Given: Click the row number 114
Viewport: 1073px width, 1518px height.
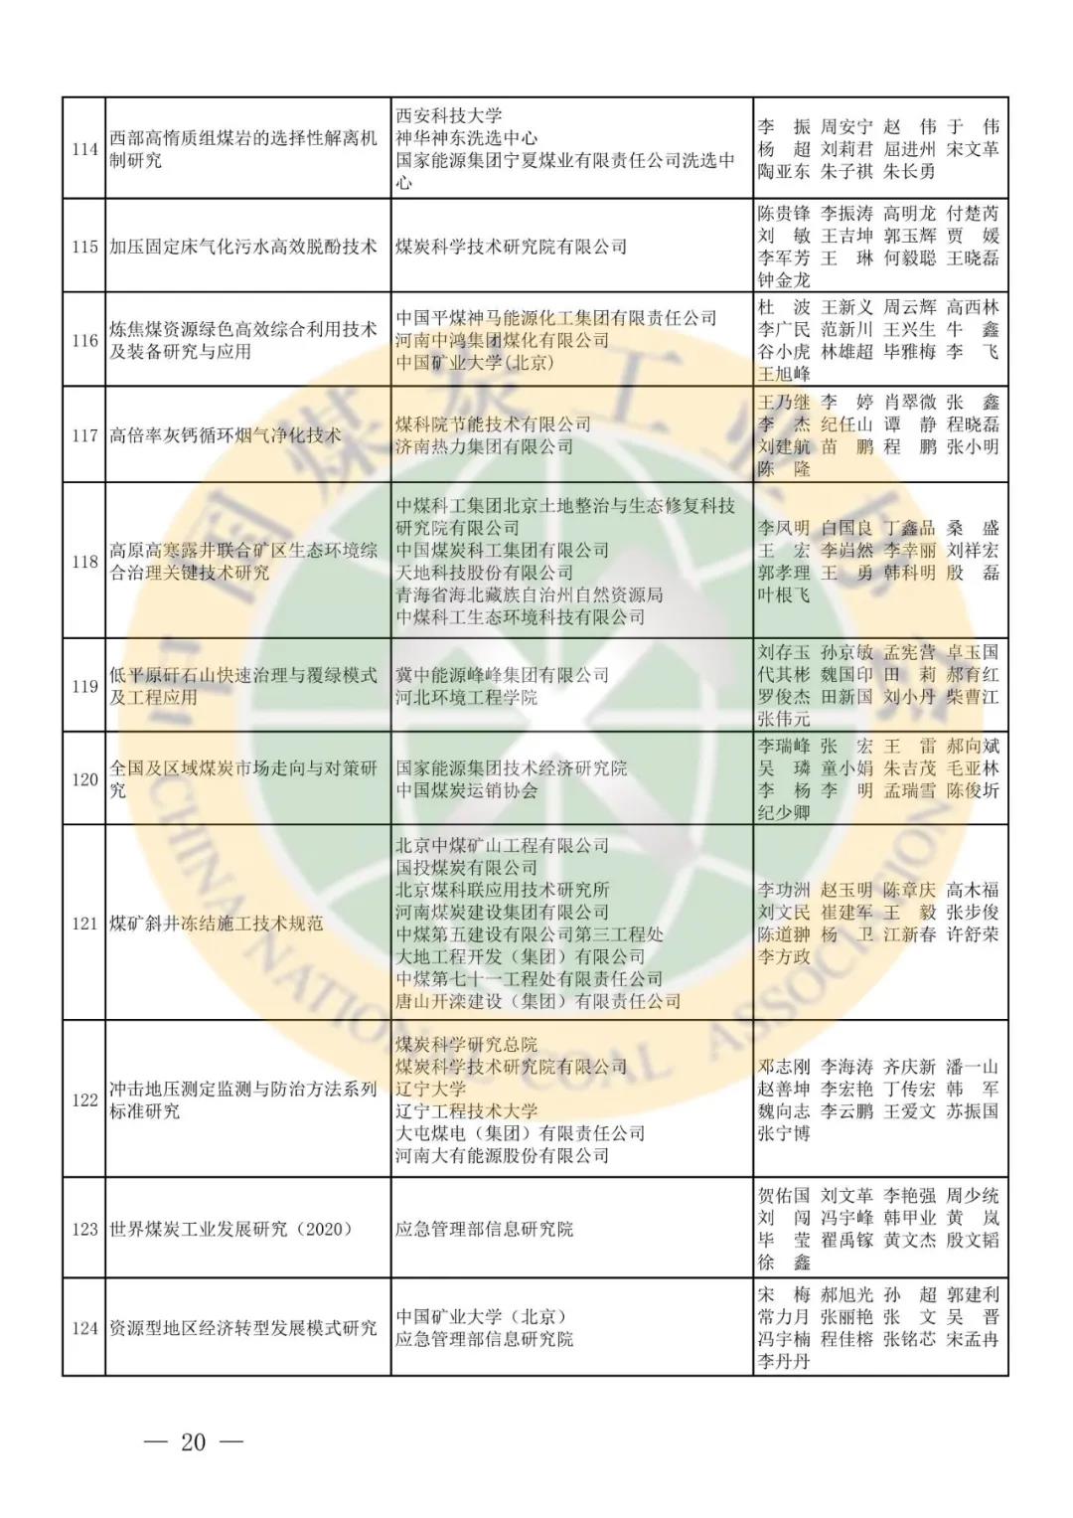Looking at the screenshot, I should pyautogui.click(x=84, y=149).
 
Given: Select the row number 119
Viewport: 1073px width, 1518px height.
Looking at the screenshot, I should pyautogui.click(x=84, y=686).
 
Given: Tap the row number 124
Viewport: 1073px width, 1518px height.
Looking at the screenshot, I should pyautogui.click(x=84, y=1328).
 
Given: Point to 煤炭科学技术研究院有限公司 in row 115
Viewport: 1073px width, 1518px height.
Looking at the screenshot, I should pyautogui.click(x=511, y=247).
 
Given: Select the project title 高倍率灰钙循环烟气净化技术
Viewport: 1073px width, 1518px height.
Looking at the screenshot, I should pyautogui.click(x=226, y=435).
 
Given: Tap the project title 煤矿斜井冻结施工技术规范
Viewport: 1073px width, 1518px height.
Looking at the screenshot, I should pyautogui.click(x=217, y=924).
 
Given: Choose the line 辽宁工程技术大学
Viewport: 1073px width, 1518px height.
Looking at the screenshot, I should pyautogui.click(x=467, y=1110).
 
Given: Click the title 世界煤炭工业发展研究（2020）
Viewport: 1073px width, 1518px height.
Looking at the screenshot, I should pyautogui.click(x=231, y=1229).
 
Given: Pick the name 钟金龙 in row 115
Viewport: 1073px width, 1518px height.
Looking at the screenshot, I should pyautogui.click(x=784, y=280).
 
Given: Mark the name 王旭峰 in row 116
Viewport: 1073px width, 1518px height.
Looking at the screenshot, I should pyautogui.click(x=784, y=374).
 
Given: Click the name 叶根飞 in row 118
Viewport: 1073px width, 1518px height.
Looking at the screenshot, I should pyautogui.click(x=784, y=594).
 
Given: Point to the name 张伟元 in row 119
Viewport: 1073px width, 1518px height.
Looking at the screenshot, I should pyautogui.click(x=784, y=719).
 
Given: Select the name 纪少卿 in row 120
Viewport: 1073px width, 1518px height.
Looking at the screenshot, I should pyautogui.click(x=784, y=812).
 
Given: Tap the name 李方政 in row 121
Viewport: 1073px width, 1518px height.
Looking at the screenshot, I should pyautogui.click(x=784, y=956).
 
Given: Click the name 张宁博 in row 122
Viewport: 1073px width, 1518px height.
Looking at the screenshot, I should pyautogui.click(x=784, y=1133).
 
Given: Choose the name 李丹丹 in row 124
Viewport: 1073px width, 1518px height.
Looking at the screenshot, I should pyautogui.click(x=784, y=1361).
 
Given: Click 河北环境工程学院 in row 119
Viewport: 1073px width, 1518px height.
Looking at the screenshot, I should pyautogui.click(x=466, y=697).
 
